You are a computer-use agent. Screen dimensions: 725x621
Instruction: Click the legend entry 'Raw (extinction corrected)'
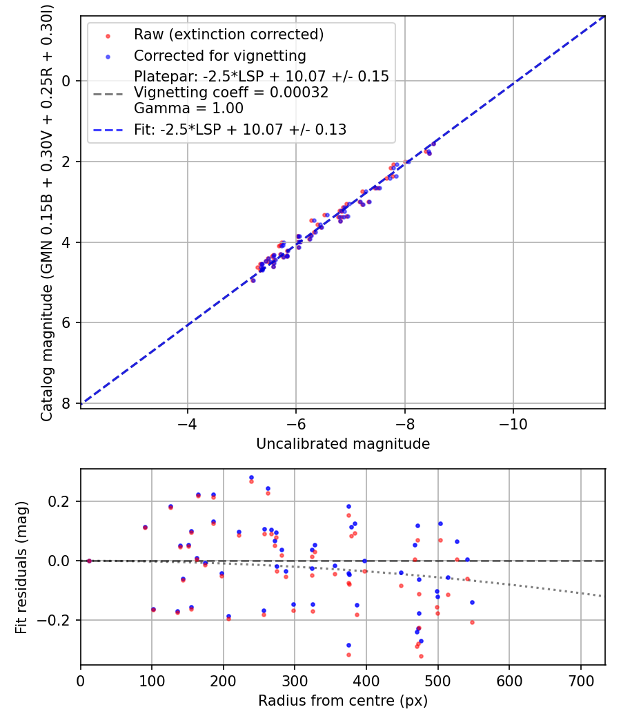(x=228, y=35)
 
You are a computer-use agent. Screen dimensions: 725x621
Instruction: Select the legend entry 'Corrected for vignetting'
(x=219, y=55)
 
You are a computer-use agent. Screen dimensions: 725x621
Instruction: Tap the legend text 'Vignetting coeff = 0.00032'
(x=231, y=92)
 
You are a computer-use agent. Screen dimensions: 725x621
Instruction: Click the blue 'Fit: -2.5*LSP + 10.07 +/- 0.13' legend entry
(x=239, y=129)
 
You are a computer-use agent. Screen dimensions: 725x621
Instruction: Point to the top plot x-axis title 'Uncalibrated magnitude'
(x=343, y=444)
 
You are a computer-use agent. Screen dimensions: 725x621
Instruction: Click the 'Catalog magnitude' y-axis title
(x=47, y=212)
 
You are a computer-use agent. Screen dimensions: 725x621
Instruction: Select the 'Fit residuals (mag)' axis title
(x=21, y=567)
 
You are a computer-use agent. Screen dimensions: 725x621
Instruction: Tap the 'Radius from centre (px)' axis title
(x=343, y=701)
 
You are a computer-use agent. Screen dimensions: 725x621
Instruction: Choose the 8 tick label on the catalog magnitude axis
(x=67, y=403)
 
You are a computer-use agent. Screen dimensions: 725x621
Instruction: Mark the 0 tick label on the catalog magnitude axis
(x=67, y=81)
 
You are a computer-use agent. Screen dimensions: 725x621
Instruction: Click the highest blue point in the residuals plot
(x=251, y=477)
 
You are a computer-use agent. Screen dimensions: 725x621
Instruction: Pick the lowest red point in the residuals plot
(x=421, y=656)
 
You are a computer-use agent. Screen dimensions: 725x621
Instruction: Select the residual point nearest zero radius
(x=89, y=561)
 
